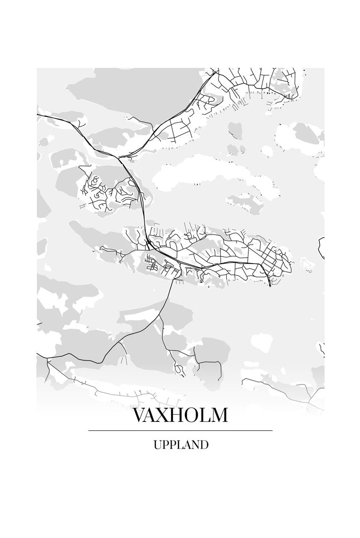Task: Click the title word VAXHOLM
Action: [x=180, y=416]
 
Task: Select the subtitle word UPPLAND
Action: [x=180, y=445]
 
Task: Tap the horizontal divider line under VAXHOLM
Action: [x=180, y=431]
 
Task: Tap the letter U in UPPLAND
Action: [x=157, y=445]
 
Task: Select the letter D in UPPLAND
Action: [x=204, y=445]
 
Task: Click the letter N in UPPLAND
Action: [x=194, y=445]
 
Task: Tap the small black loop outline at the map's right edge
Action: [x=322, y=247]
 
